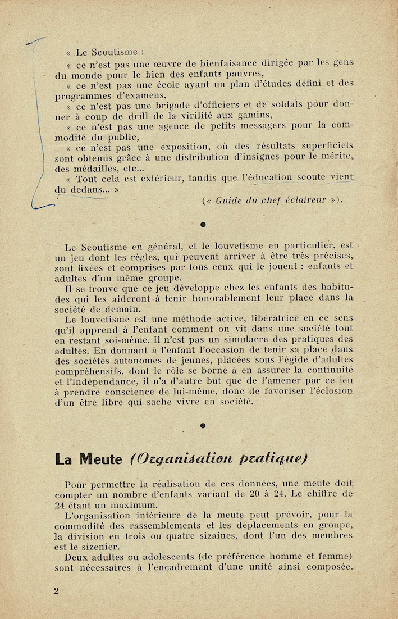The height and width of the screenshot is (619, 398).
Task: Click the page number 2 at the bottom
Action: click(56, 590)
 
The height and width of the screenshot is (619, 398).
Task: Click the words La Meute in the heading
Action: click(89, 459)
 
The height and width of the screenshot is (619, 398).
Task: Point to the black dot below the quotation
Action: click(203, 225)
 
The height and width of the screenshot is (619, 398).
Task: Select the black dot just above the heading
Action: click(203, 425)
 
